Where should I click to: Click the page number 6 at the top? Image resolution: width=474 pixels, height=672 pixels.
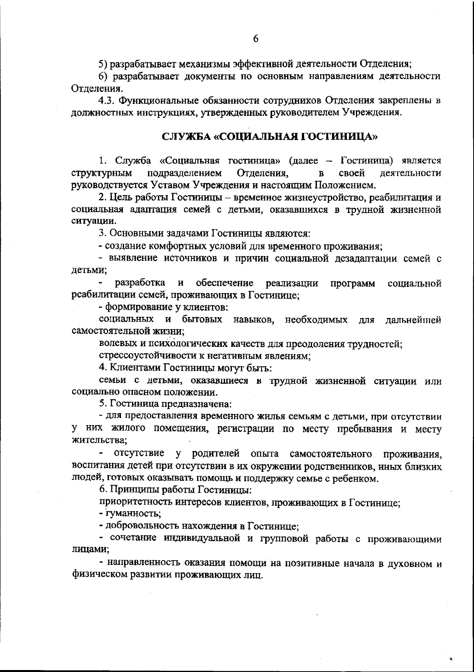(255, 39)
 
